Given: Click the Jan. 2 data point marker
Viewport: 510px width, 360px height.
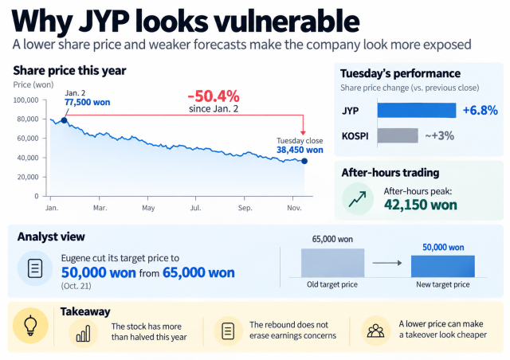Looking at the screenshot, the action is click(64, 120).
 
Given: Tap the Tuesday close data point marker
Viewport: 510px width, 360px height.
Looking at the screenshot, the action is click(304, 161).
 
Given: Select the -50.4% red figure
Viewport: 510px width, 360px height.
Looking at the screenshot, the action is click(214, 96).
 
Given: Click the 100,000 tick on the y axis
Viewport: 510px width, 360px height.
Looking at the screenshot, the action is click(25, 100).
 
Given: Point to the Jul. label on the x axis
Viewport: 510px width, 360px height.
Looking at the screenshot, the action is click(195, 208).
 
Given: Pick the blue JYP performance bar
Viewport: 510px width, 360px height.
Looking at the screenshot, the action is click(417, 110).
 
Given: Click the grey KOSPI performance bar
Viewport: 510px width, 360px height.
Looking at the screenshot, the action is click(398, 135).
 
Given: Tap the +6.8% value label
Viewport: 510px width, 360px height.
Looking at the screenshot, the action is click(480, 110).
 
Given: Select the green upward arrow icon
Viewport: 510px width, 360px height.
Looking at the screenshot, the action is click(358, 199).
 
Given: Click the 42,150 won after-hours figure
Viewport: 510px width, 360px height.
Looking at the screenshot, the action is click(421, 205).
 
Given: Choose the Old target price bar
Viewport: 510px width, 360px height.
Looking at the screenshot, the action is click(332, 263).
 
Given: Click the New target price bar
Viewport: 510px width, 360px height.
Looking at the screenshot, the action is click(443, 266).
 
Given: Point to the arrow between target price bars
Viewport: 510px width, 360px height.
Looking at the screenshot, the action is click(387, 263).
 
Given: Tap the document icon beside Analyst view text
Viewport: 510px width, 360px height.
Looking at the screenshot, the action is click(35, 268).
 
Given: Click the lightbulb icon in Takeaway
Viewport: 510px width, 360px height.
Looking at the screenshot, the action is click(30, 325).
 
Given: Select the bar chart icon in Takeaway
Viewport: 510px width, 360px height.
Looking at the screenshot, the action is click(83, 334).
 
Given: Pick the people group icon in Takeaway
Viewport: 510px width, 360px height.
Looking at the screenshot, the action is click(375, 331).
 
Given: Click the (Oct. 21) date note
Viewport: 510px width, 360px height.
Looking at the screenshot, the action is click(76, 286).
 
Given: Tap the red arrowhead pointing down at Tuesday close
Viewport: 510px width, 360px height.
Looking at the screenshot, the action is click(303, 133).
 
